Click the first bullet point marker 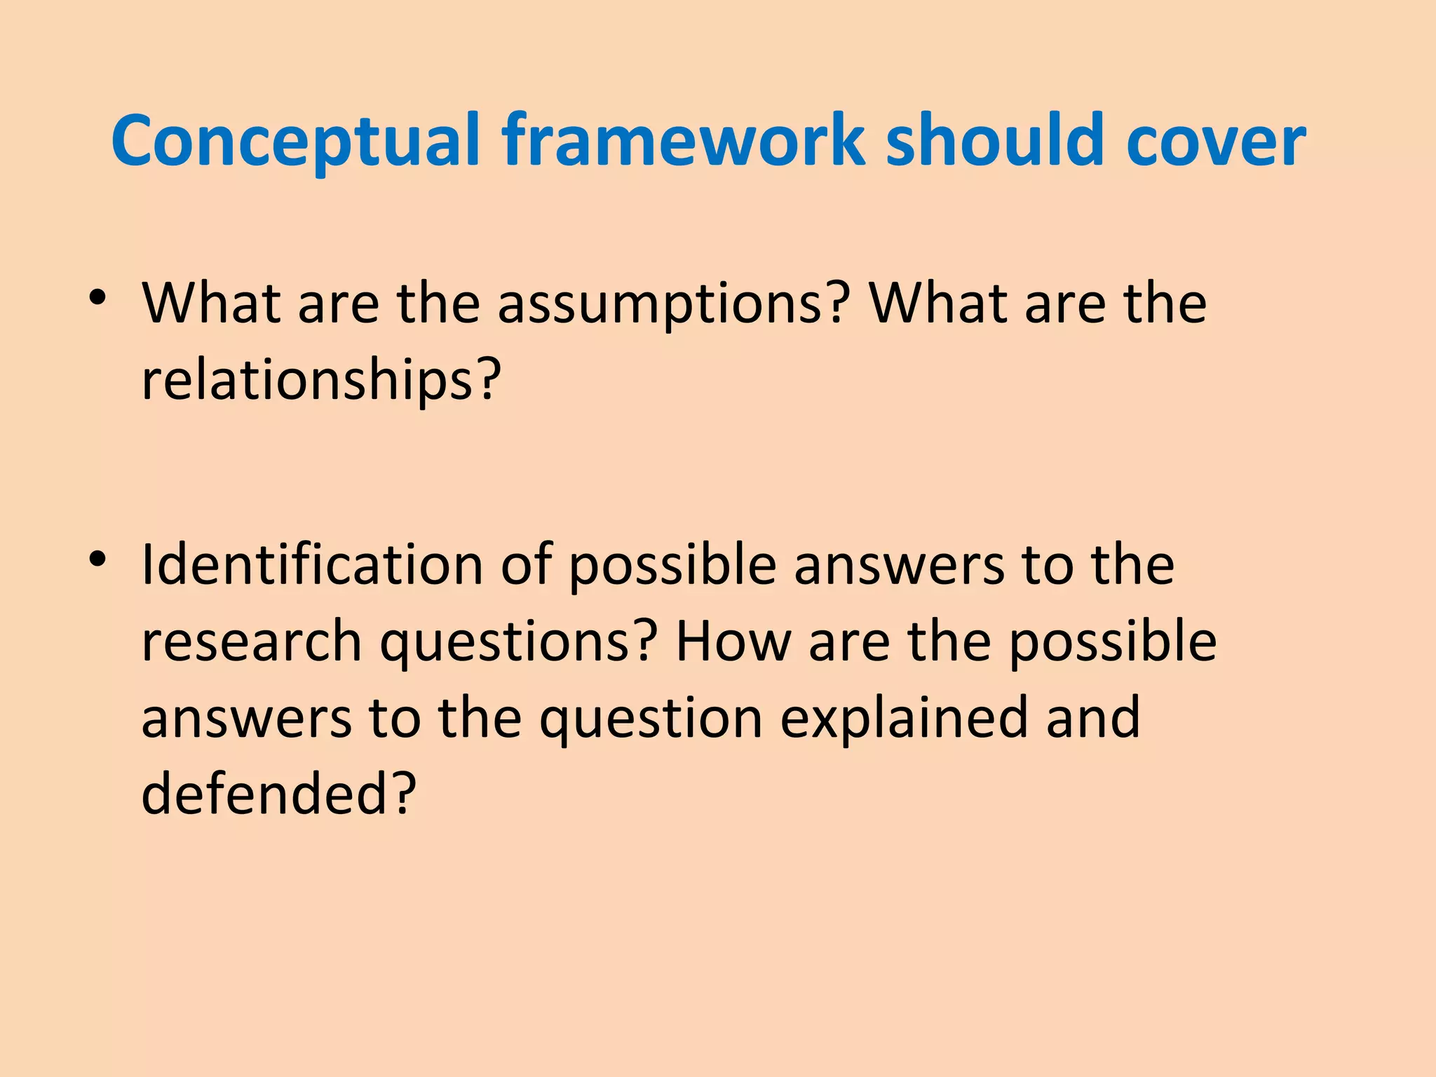97,299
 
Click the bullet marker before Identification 97,560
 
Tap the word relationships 309,380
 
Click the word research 252,641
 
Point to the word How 733,641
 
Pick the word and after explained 1093,718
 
